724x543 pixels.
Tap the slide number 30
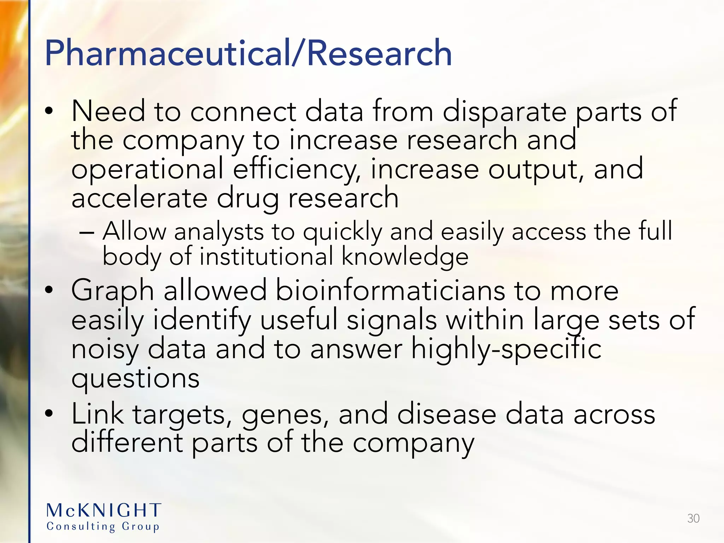click(693, 518)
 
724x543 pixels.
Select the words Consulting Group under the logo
click(103, 526)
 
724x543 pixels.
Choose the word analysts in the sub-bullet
click(219, 232)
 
